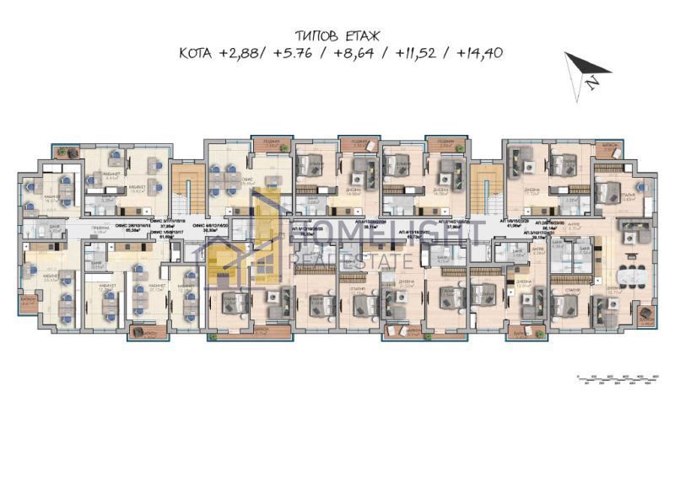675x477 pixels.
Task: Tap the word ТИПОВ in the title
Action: tap(317, 36)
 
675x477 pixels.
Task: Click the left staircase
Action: tap(184, 189)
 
